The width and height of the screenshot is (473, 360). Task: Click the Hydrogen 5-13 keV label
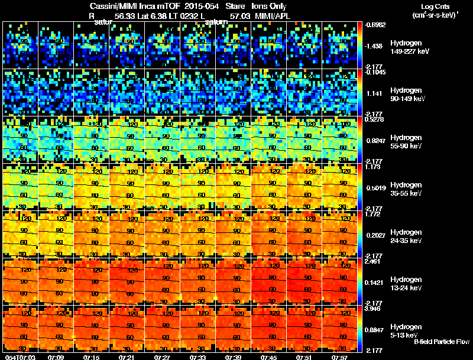406,330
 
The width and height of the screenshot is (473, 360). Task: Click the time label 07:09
56,356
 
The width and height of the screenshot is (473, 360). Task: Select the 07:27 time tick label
163,356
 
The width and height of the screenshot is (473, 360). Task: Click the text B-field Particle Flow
442,342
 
